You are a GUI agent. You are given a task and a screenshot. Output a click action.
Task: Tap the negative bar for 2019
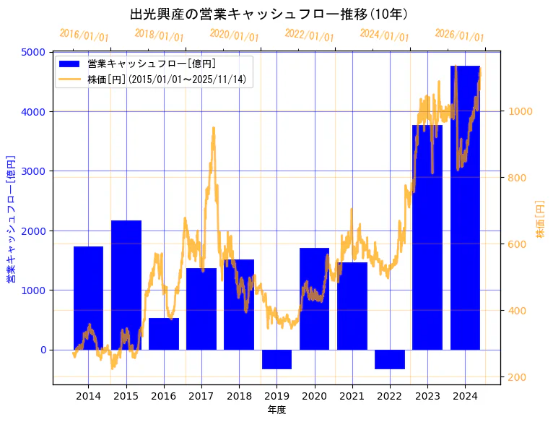[x=276, y=359]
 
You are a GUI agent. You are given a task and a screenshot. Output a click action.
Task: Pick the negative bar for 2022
[x=390, y=359]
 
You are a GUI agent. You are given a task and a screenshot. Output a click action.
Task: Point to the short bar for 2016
[x=164, y=334]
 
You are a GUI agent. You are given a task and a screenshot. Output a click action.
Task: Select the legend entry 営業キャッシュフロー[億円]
[x=151, y=64]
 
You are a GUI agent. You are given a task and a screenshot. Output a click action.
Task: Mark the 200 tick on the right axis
[x=517, y=377]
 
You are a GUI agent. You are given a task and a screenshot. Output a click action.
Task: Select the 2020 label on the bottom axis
[x=314, y=396]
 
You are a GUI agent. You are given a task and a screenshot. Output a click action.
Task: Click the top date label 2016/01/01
[x=84, y=35]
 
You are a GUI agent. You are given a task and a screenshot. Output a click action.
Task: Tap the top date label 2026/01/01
[x=460, y=35]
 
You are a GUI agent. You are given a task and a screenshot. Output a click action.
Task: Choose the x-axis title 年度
[x=276, y=410]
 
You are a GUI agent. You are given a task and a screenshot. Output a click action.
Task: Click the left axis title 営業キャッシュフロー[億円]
[x=11, y=218]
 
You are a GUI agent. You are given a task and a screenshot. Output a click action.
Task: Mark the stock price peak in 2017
[x=213, y=128]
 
